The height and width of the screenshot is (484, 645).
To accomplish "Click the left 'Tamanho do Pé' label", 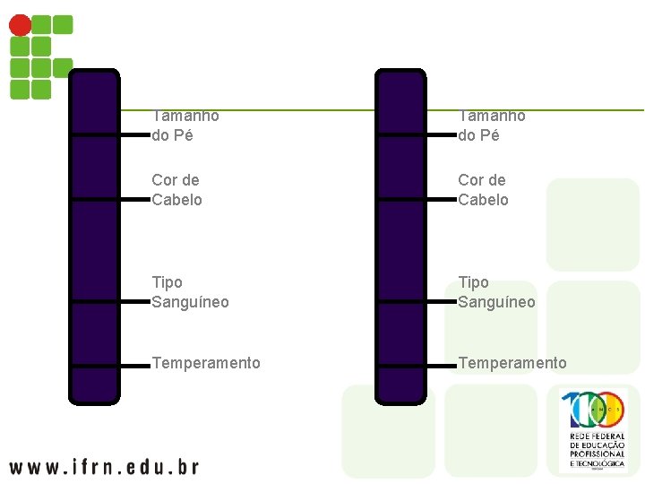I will point(185,125).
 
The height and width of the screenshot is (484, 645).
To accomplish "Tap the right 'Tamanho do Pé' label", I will point(492,125).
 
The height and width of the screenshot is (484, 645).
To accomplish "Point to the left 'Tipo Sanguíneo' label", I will point(190,292).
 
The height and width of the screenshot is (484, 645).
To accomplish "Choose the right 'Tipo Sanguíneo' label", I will point(496,292).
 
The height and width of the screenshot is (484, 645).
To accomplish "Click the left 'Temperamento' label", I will point(206,363).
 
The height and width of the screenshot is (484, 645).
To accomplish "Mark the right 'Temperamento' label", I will point(512,363).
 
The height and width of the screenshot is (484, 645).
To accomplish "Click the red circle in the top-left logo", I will point(20,25).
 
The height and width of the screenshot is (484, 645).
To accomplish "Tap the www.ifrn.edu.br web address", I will point(104,466).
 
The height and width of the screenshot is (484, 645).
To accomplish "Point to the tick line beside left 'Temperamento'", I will point(133,367).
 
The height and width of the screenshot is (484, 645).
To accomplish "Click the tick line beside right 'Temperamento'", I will point(439,367).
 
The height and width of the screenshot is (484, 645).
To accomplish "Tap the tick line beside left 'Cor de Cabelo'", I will point(133,200).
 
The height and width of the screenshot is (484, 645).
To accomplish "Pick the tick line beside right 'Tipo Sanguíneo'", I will point(439,303).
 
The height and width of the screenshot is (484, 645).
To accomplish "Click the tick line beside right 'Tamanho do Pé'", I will point(439,135).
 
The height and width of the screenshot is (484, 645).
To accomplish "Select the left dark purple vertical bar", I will point(94,238).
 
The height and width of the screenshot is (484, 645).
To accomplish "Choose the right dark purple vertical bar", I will point(400,238).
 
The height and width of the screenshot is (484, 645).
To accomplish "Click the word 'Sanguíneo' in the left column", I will point(190,302).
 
